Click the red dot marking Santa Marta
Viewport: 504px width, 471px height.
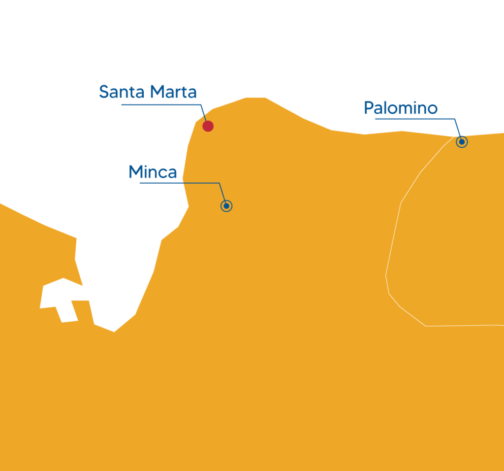point(208,126)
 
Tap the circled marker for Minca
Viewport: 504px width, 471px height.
point(226,206)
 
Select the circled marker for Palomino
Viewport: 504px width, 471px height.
point(462,142)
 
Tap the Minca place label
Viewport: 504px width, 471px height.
point(153,172)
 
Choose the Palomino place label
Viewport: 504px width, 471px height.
point(400,108)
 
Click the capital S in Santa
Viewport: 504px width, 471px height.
point(104,92)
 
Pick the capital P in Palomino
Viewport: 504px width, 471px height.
point(368,108)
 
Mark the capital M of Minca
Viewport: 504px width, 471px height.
point(135,172)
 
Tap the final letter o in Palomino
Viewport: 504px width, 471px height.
point(432,109)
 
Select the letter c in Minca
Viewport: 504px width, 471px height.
point(162,174)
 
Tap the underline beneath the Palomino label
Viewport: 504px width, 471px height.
point(413,119)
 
